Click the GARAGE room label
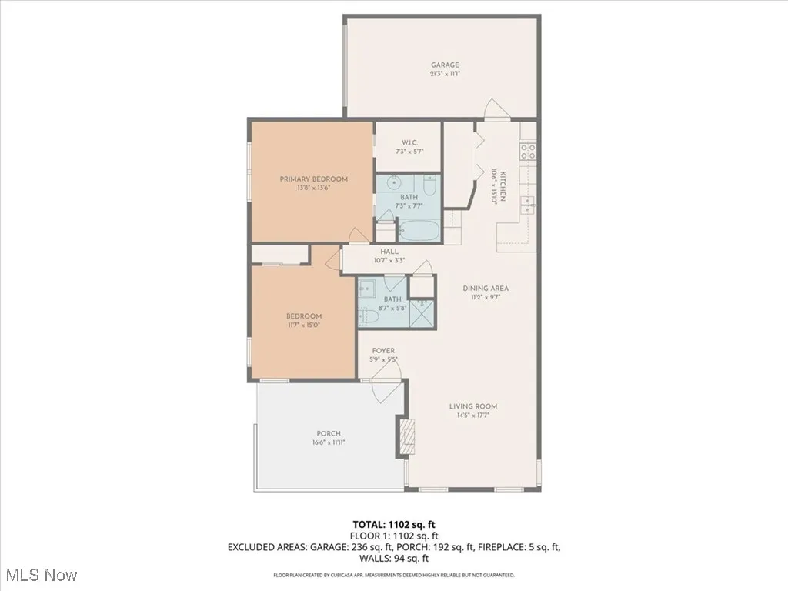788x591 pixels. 445,65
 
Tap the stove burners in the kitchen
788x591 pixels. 529,152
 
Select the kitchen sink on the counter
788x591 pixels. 529,204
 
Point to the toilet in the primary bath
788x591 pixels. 430,185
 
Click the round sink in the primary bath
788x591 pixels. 393,183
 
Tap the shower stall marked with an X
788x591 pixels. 422,314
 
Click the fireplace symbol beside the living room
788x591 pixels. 406,437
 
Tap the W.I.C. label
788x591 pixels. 409,142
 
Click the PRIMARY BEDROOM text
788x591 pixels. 313,179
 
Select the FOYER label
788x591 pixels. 383,351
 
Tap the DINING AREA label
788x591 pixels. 486,289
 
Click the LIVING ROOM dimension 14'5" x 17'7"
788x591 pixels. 473,416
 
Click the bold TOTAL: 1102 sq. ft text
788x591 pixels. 393,524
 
